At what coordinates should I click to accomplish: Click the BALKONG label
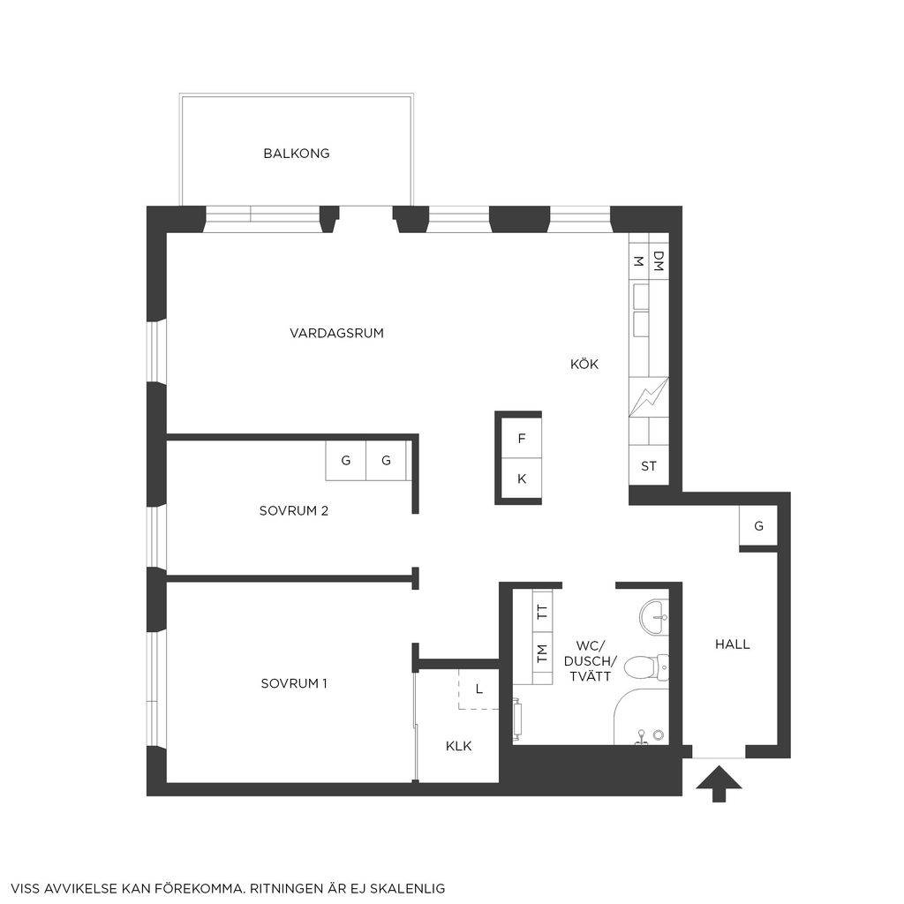click(297, 154)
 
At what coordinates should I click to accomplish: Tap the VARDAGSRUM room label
click(336, 333)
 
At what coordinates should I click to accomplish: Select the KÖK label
click(584, 364)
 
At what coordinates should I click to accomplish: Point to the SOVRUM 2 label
click(293, 511)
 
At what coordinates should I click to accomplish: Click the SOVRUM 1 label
click(294, 684)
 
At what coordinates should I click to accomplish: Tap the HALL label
click(732, 644)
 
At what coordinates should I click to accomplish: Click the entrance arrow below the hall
click(719, 783)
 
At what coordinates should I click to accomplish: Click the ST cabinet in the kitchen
click(649, 466)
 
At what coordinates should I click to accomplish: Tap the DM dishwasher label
click(659, 260)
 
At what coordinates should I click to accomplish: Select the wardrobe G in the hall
click(758, 526)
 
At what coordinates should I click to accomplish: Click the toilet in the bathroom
click(646, 667)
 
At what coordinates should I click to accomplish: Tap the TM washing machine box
click(542, 654)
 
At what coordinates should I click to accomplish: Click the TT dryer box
click(542, 610)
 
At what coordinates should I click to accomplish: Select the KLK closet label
click(459, 746)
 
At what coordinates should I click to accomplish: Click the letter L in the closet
click(479, 689)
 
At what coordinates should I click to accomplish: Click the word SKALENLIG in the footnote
click(407, 888)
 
